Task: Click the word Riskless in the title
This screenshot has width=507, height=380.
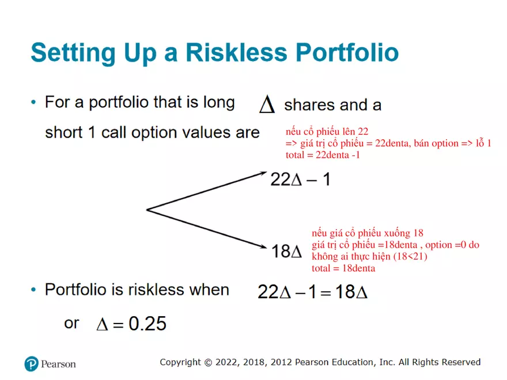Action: click(236, 52)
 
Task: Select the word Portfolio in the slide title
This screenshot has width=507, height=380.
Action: click(347, 52)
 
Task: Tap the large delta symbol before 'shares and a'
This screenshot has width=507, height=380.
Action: click(267, 104)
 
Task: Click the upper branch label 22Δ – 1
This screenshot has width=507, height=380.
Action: click(300, 179)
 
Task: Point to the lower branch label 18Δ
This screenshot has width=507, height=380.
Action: click(286, 252)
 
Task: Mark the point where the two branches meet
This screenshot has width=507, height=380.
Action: click(147, 210)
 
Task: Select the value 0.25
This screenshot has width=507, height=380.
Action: click(147, 324)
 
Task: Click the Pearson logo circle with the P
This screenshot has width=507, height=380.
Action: click(31, 364)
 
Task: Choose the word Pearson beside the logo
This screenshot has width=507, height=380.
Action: click(58, 364)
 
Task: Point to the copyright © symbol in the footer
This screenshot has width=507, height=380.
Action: click(208, 363)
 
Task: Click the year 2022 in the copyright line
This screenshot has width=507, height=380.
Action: click(227, 362)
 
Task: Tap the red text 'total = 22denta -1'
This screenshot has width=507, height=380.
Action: click(323, 155)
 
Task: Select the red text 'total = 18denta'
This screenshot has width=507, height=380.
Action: click(343, 268)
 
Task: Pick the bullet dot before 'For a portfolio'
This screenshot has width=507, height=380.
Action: click(33, 102)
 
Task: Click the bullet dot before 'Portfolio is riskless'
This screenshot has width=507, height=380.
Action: click(33, 290)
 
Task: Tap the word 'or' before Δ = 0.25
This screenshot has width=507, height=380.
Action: click(71, 324)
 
